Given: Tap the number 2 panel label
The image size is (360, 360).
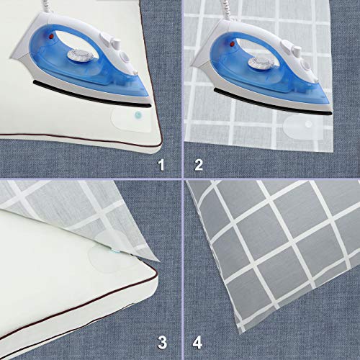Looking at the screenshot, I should pyautogui.click(x=199, y=166).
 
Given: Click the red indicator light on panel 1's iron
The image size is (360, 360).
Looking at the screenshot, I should pyautogui.click(x=50, y=33).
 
